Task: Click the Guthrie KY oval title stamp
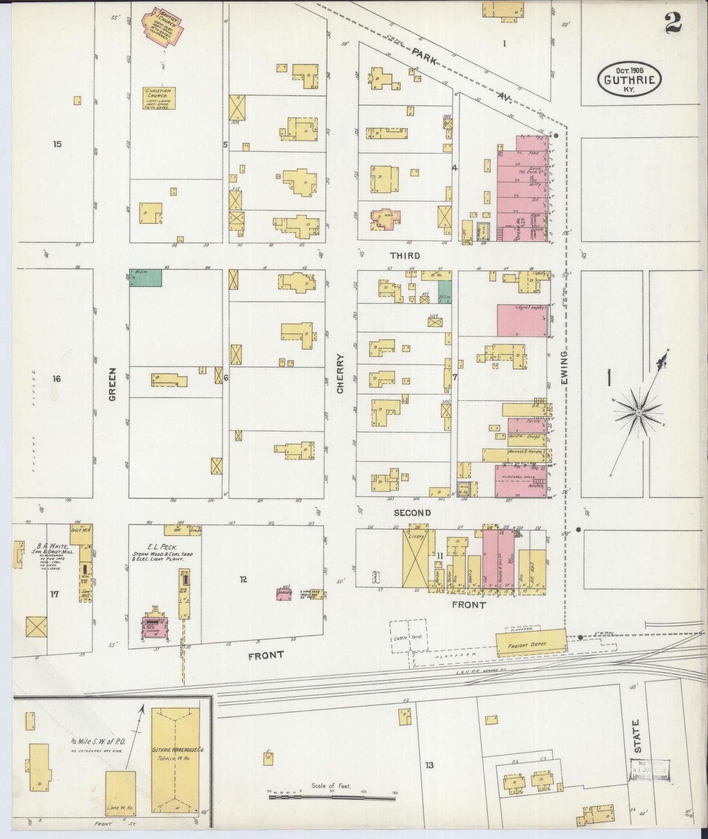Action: point(630,79)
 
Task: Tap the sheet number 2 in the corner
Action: point(674,23)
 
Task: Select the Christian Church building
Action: point(159,98)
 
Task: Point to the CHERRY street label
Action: point(341,373)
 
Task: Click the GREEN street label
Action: point(113,384)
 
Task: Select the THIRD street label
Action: point(405,256)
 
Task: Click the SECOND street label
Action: point(413,513)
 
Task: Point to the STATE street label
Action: point(637,736)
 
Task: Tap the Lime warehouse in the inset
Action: point(121,793)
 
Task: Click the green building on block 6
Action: point(146,278)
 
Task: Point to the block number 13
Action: point(429,765)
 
